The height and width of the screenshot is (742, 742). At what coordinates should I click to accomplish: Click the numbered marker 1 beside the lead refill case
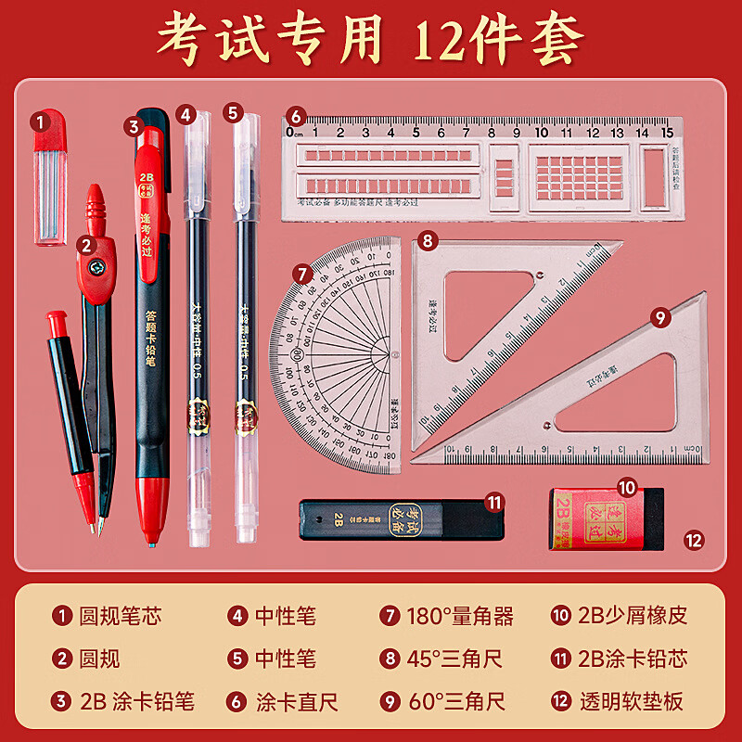tap(40, 121)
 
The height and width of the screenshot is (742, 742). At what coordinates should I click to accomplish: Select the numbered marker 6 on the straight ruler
tap(295, 117)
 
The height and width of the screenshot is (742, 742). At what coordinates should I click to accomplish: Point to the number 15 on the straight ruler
tap(666, 132)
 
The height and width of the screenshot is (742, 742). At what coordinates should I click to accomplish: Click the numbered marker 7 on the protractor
tap(302, 274)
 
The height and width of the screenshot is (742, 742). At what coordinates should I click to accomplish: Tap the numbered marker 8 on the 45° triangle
tap(427, 241)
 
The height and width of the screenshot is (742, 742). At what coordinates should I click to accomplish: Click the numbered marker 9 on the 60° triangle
tap(660, 317)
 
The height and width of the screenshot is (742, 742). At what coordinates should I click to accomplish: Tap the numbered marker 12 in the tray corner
tap(694, 539)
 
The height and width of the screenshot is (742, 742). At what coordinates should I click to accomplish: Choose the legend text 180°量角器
tap(459, 616)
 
